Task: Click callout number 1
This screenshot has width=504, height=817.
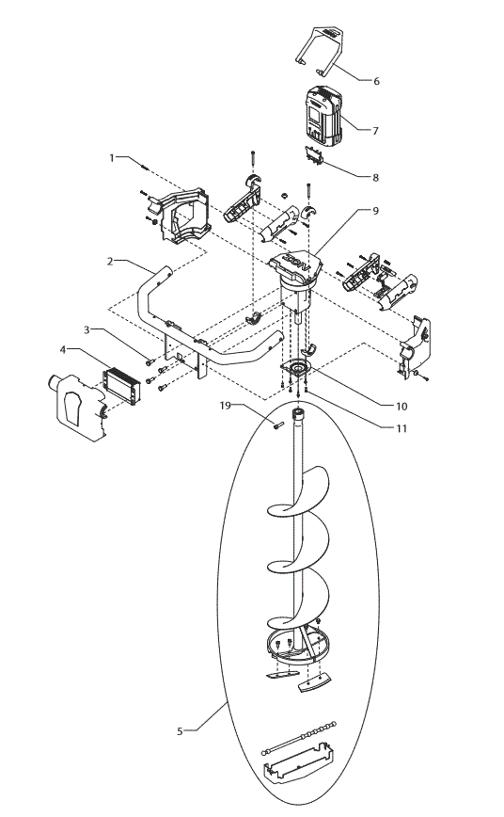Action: click(x=112, y=157)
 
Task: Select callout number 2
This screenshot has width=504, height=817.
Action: click(x=110, y=262)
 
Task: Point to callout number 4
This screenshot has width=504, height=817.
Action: click(x=64, y=349)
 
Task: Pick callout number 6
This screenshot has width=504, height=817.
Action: click(x=376, y=82)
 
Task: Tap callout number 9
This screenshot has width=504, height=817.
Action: click(x=375, y=212)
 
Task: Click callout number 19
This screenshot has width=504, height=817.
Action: click(x=226, y=406)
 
